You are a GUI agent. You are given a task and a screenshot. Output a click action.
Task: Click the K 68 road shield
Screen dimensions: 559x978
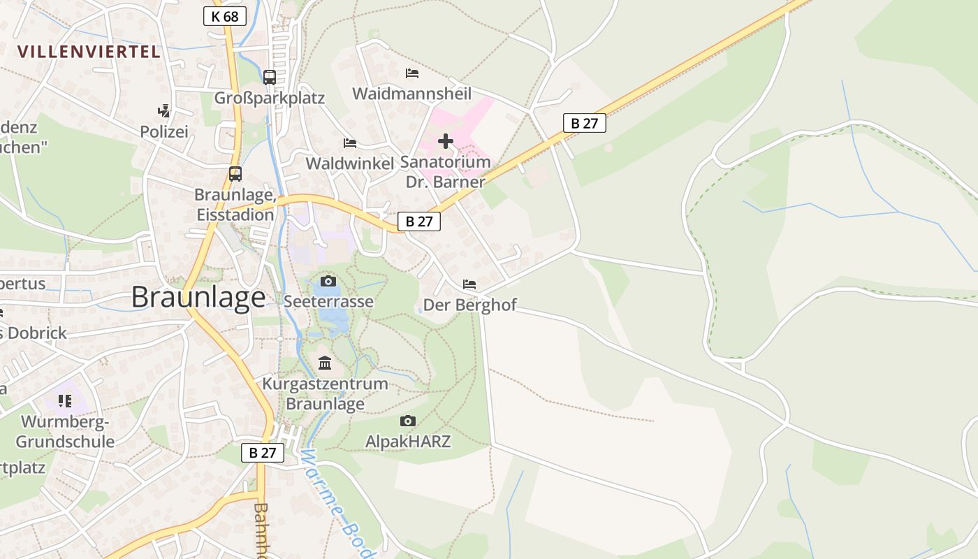(225, 16)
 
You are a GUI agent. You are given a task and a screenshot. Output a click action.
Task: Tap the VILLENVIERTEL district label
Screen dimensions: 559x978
(89, 52)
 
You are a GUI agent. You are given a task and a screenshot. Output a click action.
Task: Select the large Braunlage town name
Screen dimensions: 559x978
(198, 298)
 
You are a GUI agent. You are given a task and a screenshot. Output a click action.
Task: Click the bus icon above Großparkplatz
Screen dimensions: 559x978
(270, 78)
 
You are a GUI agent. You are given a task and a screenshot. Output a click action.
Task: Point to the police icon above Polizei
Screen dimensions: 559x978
(164, 110)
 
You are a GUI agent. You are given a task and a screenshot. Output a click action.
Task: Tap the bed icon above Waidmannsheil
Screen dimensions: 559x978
(412, 73)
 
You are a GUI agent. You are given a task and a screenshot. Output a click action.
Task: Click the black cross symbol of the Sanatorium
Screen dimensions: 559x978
(445, 142)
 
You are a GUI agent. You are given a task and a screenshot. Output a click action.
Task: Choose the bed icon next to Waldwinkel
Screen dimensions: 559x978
(350, 143)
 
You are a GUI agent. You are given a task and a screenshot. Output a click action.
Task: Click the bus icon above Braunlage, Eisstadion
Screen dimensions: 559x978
(235, 174)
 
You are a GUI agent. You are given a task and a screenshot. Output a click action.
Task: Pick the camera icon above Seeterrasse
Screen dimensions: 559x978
(328, 282)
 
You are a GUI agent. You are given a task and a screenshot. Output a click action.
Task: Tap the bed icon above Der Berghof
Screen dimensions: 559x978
(469, 284)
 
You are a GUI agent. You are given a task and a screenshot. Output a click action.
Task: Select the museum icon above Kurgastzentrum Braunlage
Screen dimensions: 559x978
(325, 363)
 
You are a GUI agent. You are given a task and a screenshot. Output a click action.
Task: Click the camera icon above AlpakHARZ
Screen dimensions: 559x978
(408, 421)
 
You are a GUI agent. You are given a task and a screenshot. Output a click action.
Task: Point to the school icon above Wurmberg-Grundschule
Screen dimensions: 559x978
(65, 401)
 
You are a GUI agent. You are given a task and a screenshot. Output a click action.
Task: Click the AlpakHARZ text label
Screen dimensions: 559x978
(408, 442)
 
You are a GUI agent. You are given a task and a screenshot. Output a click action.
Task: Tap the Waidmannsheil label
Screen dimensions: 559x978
(412, 94)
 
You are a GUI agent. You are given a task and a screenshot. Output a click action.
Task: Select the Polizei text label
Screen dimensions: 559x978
(164, 131)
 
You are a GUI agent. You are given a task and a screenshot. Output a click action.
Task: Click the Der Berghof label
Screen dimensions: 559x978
(470, 305)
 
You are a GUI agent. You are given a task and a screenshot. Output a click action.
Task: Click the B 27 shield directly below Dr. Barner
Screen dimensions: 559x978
(419, 222)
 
